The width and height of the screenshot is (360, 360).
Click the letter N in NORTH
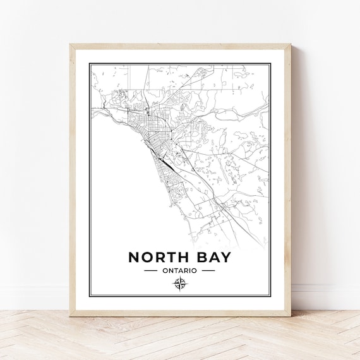click(135, 258)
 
